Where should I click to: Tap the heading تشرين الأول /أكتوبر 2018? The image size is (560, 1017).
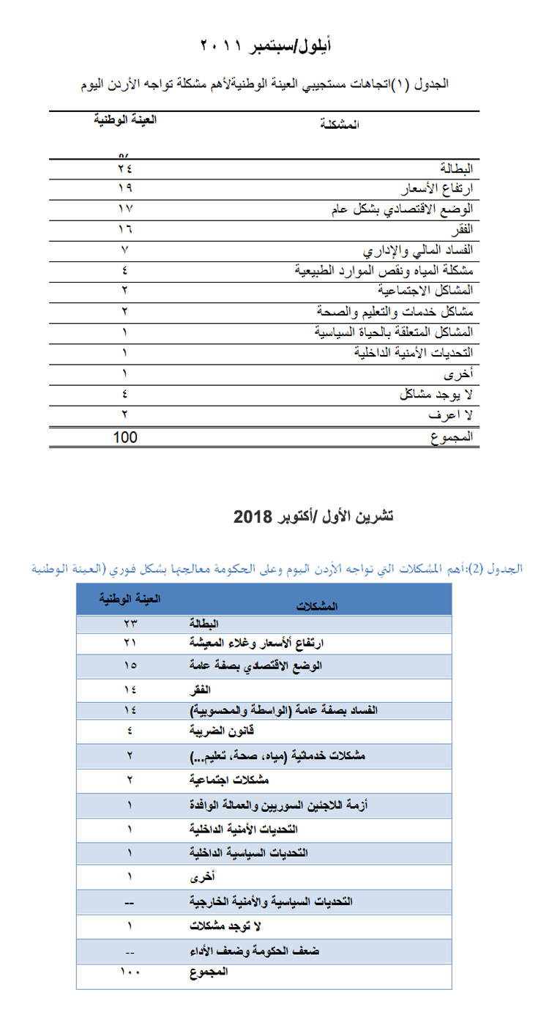[313, 516]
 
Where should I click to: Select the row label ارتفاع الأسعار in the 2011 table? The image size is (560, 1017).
[439, 188]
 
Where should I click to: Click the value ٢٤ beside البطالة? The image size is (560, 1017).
[126, 169]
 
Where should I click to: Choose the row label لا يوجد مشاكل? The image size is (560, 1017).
[436, 395]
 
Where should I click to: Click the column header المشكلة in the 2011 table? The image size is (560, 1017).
[340, 124]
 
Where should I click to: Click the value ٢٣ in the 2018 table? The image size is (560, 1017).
[130, 623]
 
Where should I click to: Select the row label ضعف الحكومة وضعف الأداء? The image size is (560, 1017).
[254, 951]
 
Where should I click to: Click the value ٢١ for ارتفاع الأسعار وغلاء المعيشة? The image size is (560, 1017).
[130, 643]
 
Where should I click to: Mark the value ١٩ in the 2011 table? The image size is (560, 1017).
[126, 188]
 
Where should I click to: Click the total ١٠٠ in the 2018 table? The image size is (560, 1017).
[130, 972]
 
